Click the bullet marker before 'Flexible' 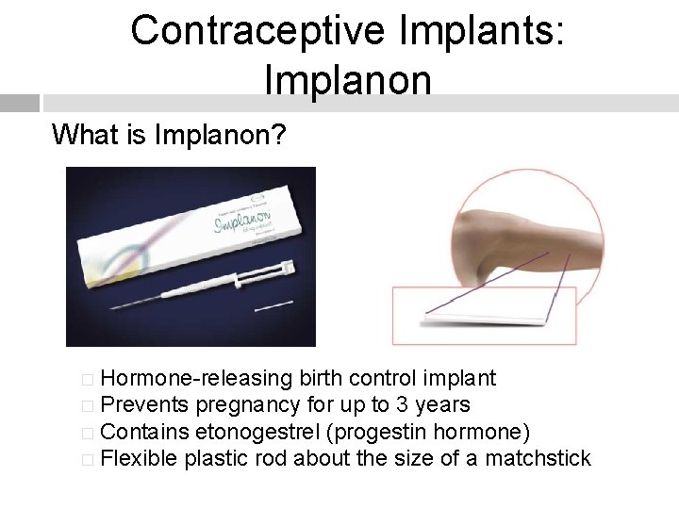(x=88, y=460)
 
